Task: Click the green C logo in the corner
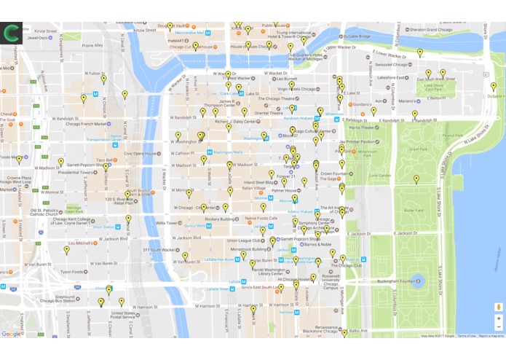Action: (12, 33)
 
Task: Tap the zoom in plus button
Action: (499, 318)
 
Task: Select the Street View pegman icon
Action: (499, 307)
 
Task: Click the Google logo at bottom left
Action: (11, 334)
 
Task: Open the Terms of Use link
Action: (467, 336)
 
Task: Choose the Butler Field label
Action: (413, 210)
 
